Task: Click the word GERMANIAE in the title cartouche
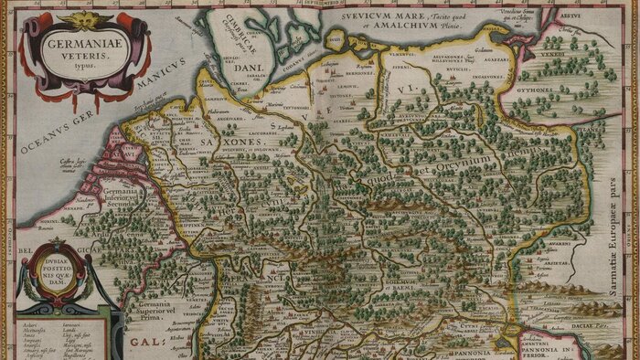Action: (x=71, y=42)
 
